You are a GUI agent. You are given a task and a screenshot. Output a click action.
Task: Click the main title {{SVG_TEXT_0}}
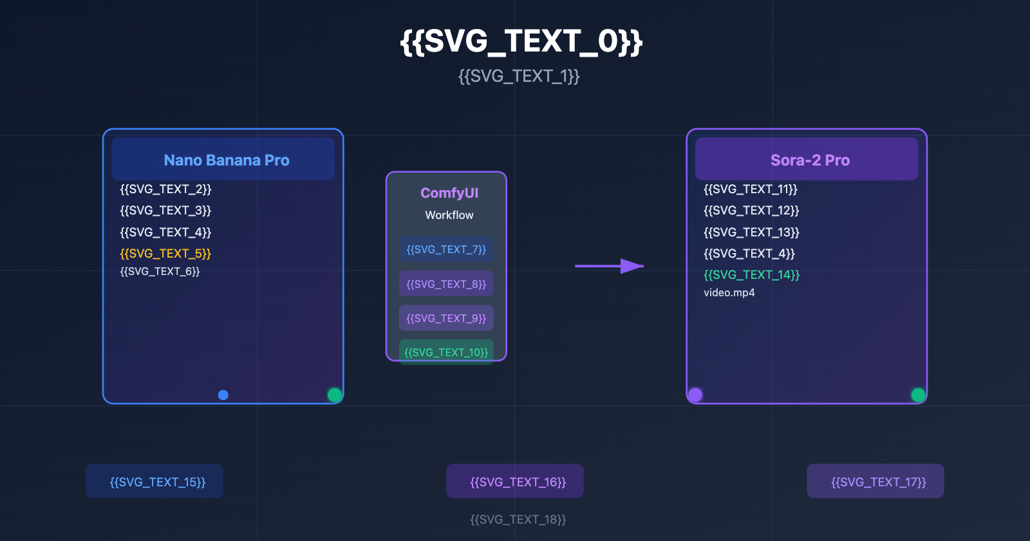click(x=521, y=42)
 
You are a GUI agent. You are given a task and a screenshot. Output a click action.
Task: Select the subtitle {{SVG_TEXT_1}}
click(x=519, y=77)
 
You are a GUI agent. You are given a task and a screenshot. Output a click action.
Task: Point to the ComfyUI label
click(x=449, y=193)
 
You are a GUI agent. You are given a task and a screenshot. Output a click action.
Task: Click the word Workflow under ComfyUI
click(x=449, y=215)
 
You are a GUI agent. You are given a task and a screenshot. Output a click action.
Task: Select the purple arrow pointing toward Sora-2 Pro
click(x=609, y=265)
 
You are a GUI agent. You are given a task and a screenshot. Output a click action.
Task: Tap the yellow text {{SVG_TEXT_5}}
click(x=165, y=254)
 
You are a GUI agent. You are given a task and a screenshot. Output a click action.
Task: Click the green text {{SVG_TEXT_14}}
click(x=751, y=275)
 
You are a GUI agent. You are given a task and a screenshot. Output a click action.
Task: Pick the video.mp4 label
click(x=729, y=293)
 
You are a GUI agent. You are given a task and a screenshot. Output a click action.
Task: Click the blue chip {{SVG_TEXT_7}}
click(x=446, y=249)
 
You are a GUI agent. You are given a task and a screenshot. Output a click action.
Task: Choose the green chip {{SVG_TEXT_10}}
click(x=446, y=351)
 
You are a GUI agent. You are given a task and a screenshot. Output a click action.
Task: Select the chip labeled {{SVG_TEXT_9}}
click(x=446, y=318)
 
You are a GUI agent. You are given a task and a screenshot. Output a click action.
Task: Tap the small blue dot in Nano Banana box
click(x=223, y=395)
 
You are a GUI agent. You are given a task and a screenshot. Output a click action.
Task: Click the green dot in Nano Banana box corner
click(x=334, y=395)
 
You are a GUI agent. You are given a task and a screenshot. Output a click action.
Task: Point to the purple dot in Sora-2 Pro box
click(x=695, y=395)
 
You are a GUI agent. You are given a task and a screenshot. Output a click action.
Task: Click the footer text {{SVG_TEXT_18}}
click(x=518, y=520)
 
